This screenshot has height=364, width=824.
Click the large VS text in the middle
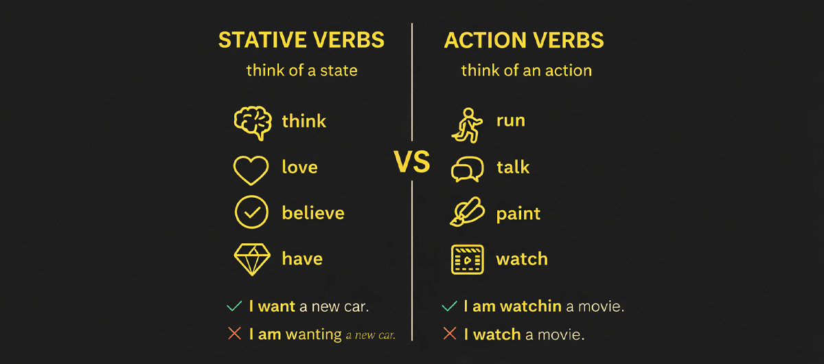pyautogui.click(x=411, y=162)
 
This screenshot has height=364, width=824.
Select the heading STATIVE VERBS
pyautogui.click(x=301, y=40)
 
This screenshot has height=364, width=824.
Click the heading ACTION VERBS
pyautogui.click(x=524, y=40)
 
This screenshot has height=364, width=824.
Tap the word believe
pyautogui.click(x=313, y=213)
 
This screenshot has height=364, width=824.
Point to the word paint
pyautogui.click(x=518, y=214)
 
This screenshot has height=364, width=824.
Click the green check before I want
pyautogui.click(x=234, y=306)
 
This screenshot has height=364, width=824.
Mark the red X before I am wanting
pyautogui.click(x=234, y=334)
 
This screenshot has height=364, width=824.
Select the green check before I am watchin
pyautogui.click(x=449, y=306)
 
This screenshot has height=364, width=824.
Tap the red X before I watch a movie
pyautogui.click(x=450, y=334)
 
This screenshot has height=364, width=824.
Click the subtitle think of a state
pyautogui.click(x=301, y=70)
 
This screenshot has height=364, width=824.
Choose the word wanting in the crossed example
pyautogui.click(x=314, y=335)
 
